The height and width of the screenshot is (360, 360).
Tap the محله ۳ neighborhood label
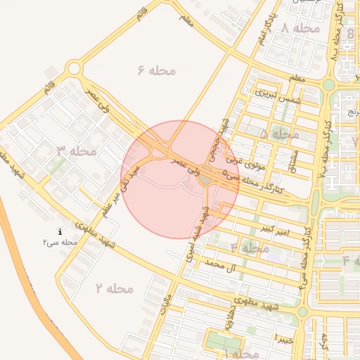(x=77, y=150)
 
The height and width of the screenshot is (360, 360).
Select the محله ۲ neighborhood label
(x=115, y=288)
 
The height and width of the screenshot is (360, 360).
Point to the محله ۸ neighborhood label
(x=301, y=28)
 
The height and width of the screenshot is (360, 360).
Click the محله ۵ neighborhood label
(x=280, y=134)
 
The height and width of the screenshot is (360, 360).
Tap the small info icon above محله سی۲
(x=60, y=231)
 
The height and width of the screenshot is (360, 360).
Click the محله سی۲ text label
(x=59, y=242)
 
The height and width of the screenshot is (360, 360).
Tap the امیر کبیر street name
(x=271, y=229)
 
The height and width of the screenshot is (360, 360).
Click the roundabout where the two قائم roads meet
(x=74, y=68)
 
